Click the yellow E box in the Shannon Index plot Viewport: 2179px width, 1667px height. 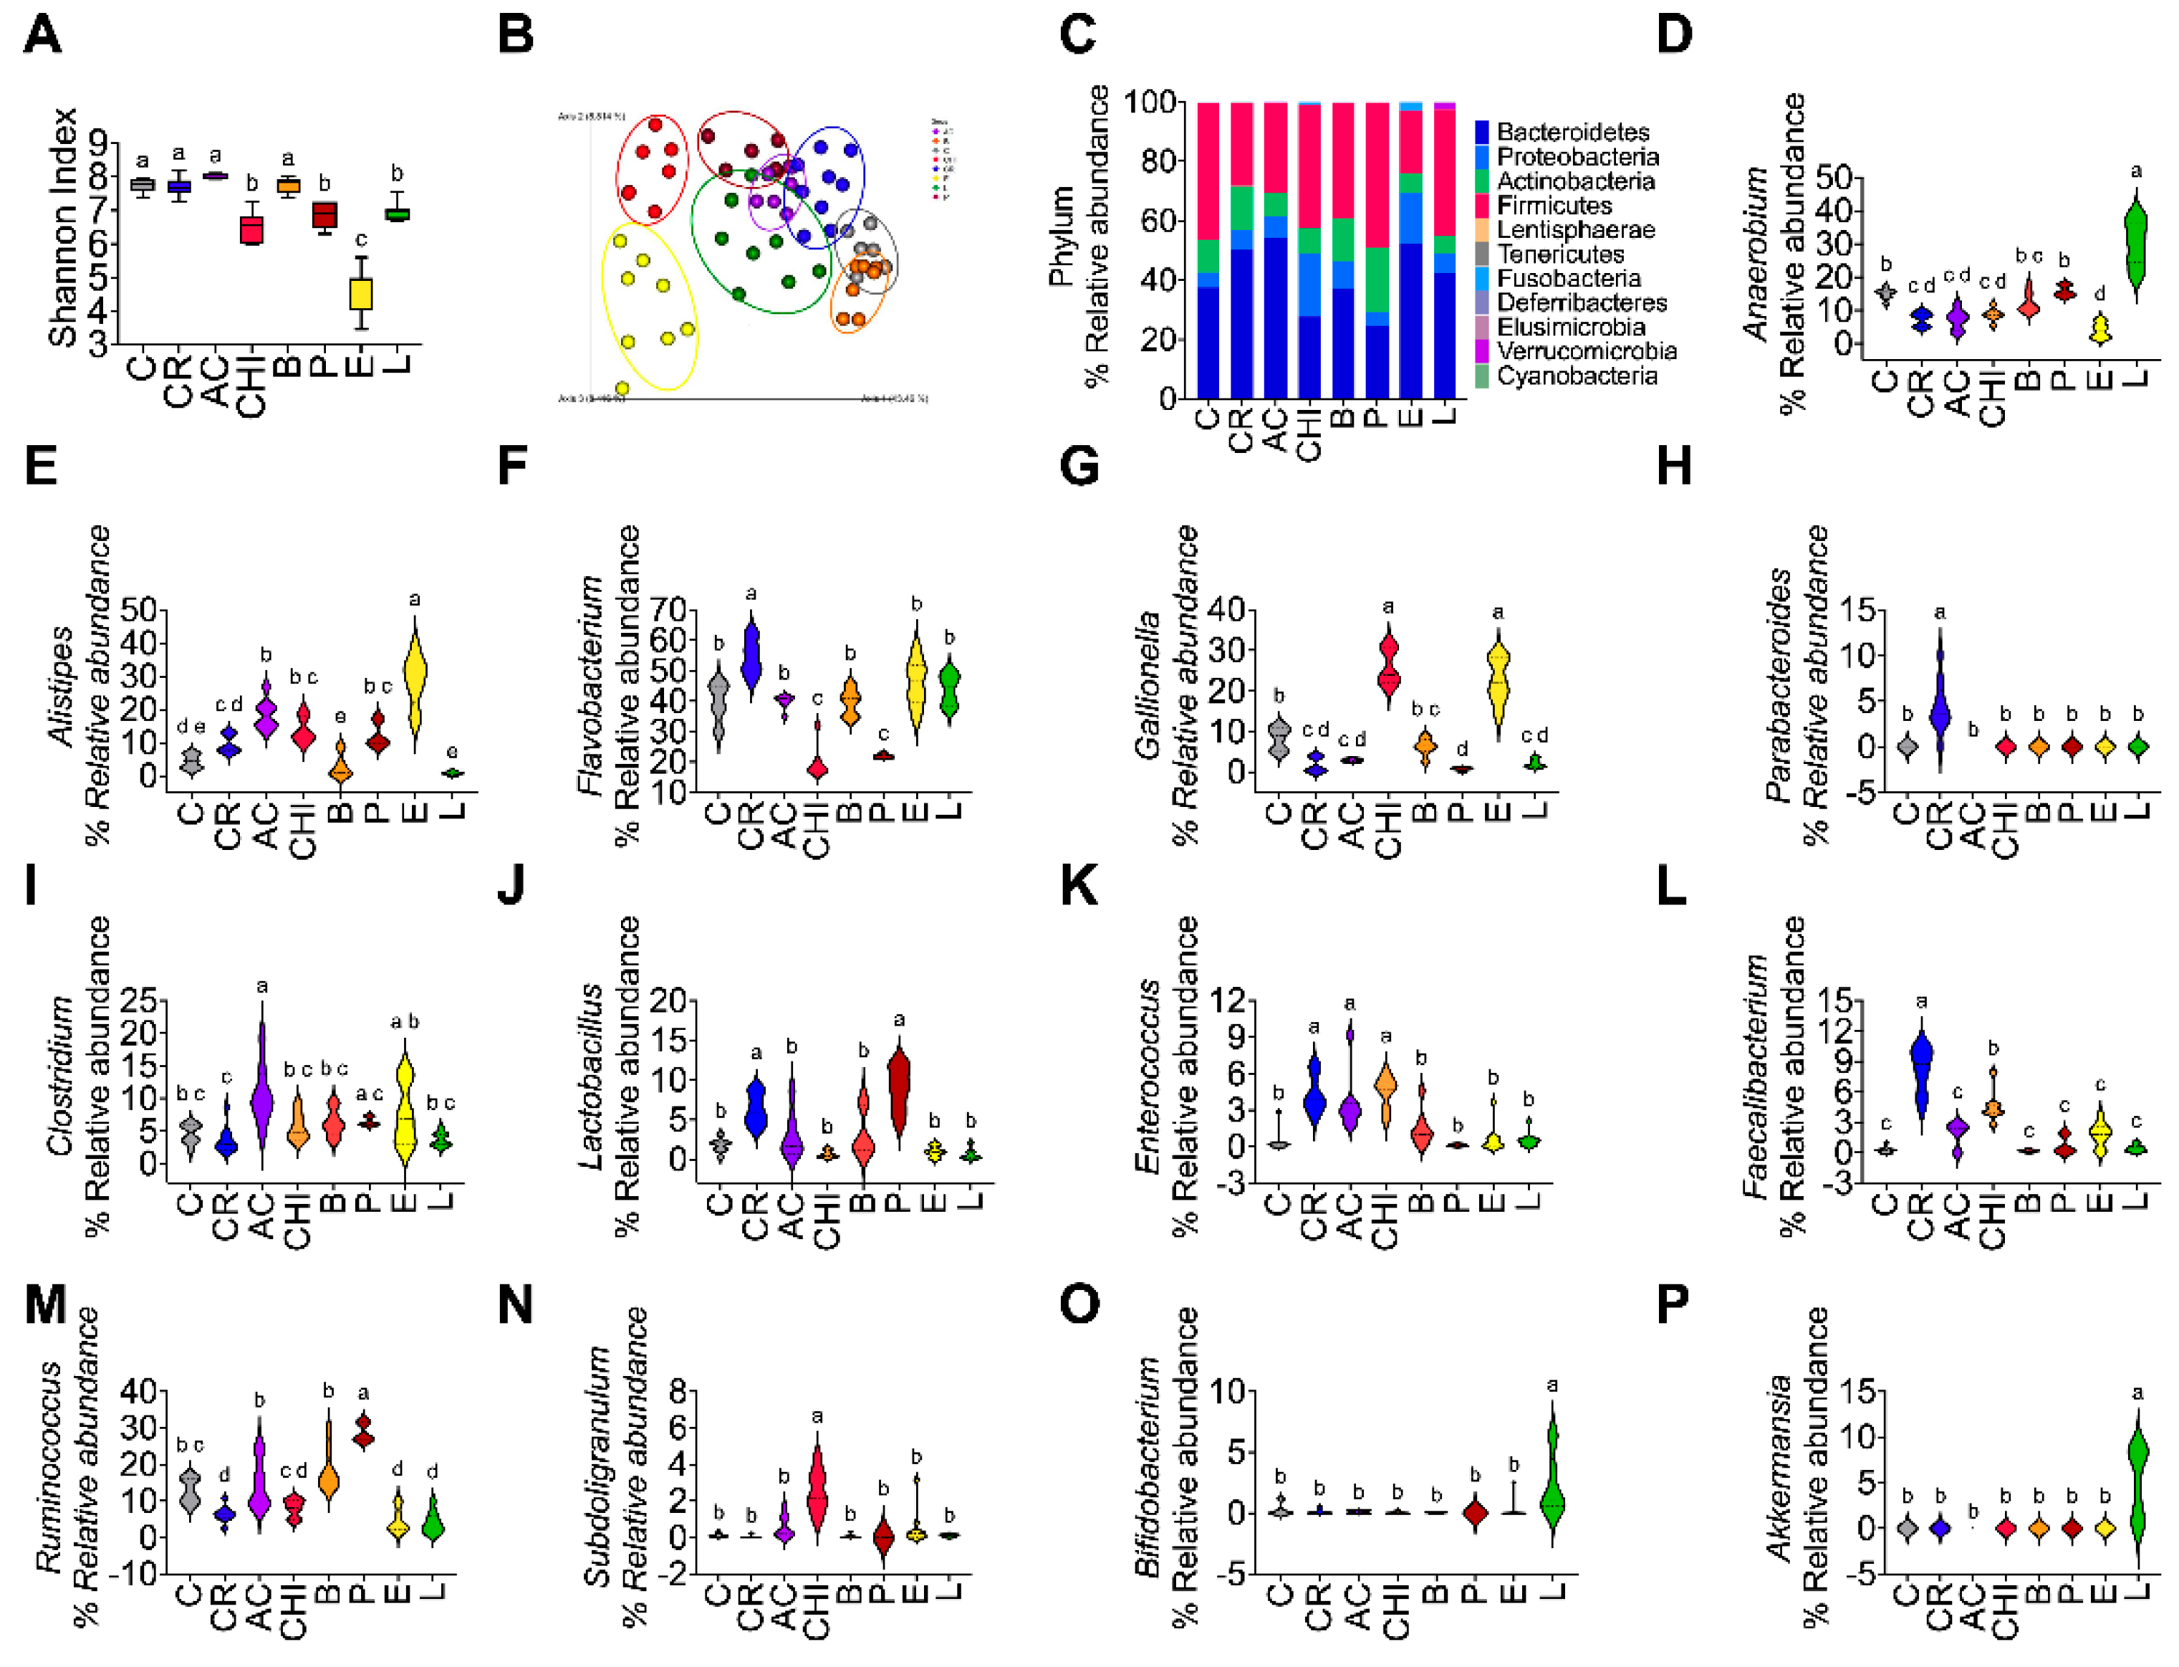point(361,295)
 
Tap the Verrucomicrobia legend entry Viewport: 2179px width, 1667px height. point(1586,351)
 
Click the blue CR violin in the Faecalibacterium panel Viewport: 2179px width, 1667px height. point(1922,1076)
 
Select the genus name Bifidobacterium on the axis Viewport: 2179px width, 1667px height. point(1147,1466)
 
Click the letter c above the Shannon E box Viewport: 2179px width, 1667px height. point(361,240)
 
